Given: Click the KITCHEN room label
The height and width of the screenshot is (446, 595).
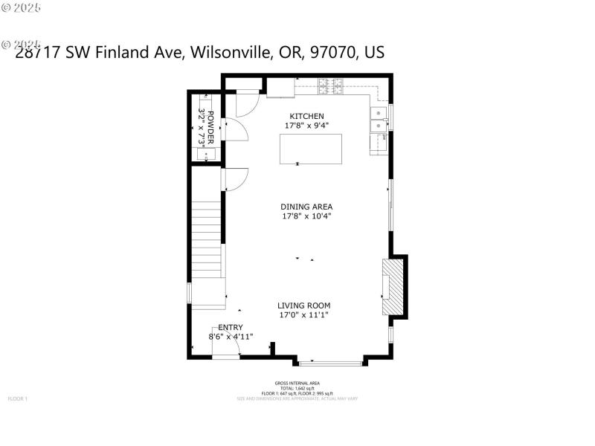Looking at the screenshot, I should (x=306, y=116).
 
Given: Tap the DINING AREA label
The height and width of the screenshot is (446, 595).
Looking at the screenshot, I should (x=306, y=207).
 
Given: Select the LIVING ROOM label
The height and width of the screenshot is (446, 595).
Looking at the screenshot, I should (x=303, y=305).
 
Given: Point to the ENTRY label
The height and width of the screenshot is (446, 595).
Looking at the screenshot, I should (x=230, y=327).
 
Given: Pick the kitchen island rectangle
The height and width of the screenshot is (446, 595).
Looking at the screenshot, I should (x=310, y=149).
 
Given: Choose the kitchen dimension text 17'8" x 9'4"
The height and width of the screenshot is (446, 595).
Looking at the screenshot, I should (x=306, y=126).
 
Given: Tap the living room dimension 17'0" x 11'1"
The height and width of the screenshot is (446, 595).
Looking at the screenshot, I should (x=303, y=315).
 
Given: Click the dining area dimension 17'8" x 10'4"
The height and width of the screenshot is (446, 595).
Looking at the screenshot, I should (x=306, y=216).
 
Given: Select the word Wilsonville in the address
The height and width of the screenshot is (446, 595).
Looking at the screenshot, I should (x=232, y=53).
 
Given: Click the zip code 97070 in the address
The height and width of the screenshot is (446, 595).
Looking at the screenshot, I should (x=331, y=53).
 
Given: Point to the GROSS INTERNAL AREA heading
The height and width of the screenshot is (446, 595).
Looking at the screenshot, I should (x=297, y=384).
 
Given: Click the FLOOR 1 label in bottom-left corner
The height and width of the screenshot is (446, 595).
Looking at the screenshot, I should (x=17, y=399).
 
